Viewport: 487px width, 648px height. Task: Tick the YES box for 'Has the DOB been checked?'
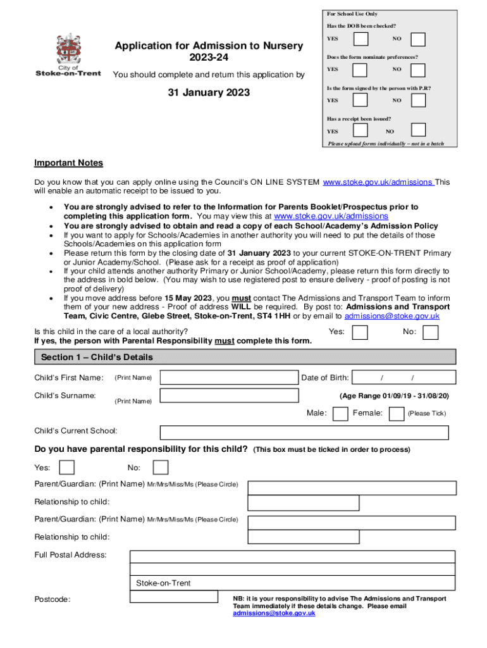click(361, 39)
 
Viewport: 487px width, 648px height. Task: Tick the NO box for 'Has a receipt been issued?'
click(418, 130)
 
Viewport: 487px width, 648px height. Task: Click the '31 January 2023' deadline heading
click(208, 93)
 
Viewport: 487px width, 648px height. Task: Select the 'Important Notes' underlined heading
click(68, 163)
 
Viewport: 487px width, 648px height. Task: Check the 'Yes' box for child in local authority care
click(360, 332)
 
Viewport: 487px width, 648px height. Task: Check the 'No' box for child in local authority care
click(431, 332)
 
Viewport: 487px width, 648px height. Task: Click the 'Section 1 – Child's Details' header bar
click(244, 357)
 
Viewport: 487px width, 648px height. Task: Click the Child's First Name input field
click(229, 378)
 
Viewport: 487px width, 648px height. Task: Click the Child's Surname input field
click(229, 396)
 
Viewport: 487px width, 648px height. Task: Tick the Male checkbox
click(340, 414)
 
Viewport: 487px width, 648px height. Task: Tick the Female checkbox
click(397, 414)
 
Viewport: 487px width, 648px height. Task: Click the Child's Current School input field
click(304, 432)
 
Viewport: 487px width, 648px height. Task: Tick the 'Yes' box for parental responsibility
click(66, 468)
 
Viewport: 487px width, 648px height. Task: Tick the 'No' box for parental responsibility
click(161, 468)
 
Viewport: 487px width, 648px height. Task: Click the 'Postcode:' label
click(52, 599)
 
